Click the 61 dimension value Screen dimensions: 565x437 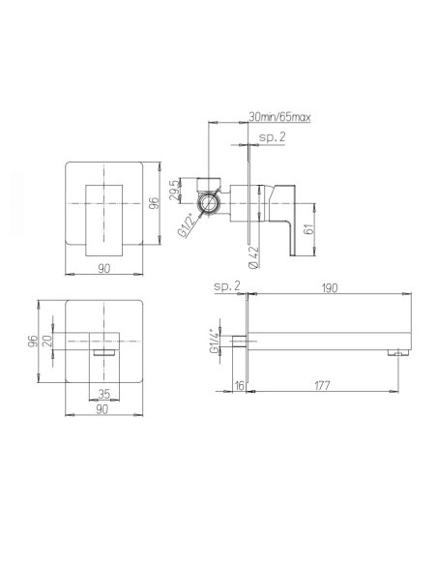pos(308,229)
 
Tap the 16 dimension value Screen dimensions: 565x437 pos(238,386)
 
